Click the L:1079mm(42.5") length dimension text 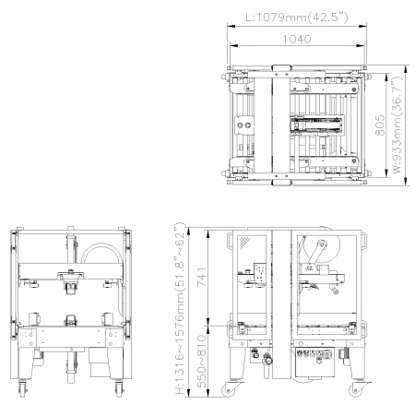coord(297,18)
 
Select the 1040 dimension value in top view coord(297,39)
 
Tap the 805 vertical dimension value coord(381,125)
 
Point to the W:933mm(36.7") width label coord(397,125)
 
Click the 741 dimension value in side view coord(202,277)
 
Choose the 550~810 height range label coord(201,362)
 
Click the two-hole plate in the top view coord(244,125)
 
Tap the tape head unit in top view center coord(316,125)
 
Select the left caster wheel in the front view coord(22,390)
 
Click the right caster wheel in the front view coord(119,390)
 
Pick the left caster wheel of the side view coord(229,389)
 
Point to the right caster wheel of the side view coord(356,389)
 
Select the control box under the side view coord(314,362)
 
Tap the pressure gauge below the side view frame coord(267,360)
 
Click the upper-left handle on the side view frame coord(229,240)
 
